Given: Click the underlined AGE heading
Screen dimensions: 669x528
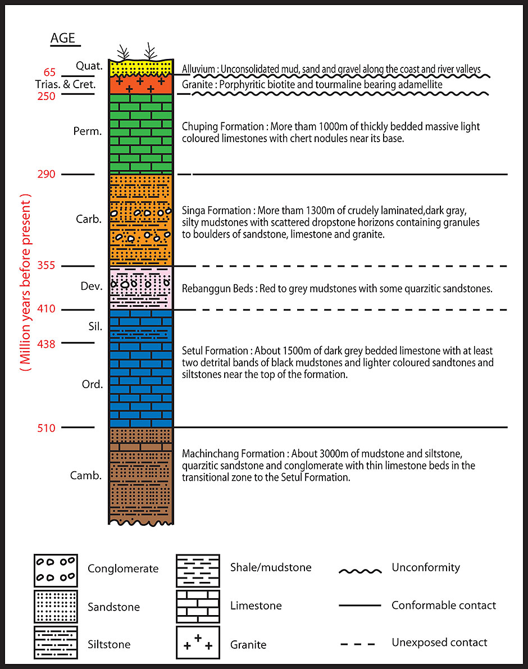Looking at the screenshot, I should pyautogui.click(x=66, y=39).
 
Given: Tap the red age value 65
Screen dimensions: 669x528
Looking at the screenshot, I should pyautogui.click(x=50, y=73).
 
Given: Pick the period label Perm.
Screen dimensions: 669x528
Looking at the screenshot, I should pyautogui.click(x=87, y=131).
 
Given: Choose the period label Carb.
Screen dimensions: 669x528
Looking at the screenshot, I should pyautogui.click(x=88, y=219).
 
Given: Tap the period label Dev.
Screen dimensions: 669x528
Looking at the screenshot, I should pyautogui.click(x=91, y=286).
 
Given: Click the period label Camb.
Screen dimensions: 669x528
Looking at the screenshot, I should pyautogui.click(x=86, y=476).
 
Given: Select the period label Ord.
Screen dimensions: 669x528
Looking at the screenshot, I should pyautogui.click(x=92, y=385).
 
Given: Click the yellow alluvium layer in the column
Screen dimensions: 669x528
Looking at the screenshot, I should pyautogui.click(x=141, y=67).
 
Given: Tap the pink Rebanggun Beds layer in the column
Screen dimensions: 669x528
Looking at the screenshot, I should pyautogui.click(x=141, y=288).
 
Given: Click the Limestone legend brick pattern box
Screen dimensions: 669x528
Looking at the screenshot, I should pyautogui.click(x=198, y=606).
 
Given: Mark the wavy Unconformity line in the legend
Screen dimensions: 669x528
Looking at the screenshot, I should pyautogui.click(x=359, y=571).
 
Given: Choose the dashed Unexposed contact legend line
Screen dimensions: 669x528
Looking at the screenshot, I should pyautogui.click(x=359, y=643).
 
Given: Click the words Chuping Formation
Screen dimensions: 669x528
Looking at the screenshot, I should pyautogui.click(x=216, y=126).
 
